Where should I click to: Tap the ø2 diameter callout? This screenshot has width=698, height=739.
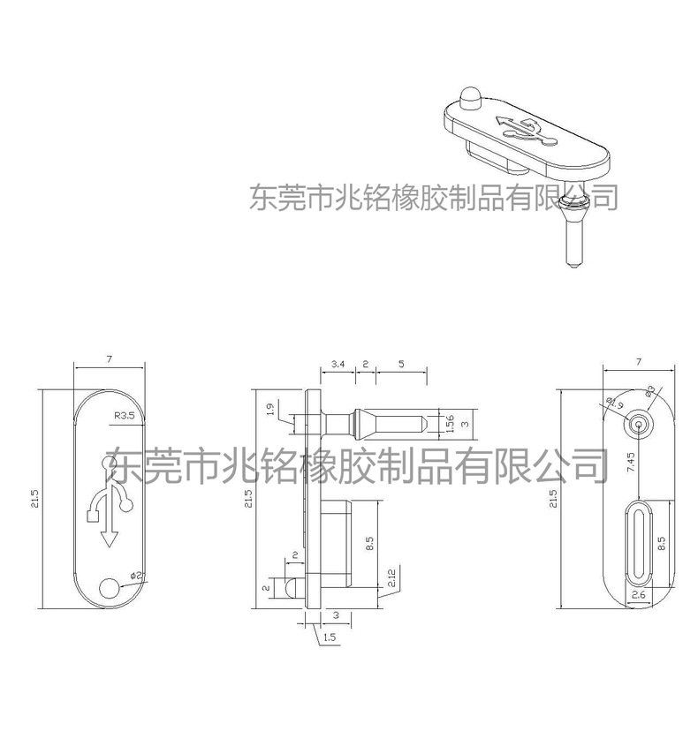click(136, 576)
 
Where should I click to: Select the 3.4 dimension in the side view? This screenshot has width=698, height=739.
click(338, 364)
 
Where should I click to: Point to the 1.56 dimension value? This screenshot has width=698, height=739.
click(449, 423)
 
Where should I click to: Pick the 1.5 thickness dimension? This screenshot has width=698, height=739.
click(330, 636)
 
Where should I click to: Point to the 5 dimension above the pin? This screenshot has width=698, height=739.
click(402, 364)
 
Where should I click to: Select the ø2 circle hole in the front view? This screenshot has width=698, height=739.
click(110, 588)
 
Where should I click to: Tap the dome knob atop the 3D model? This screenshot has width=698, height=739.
click(469, 94)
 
